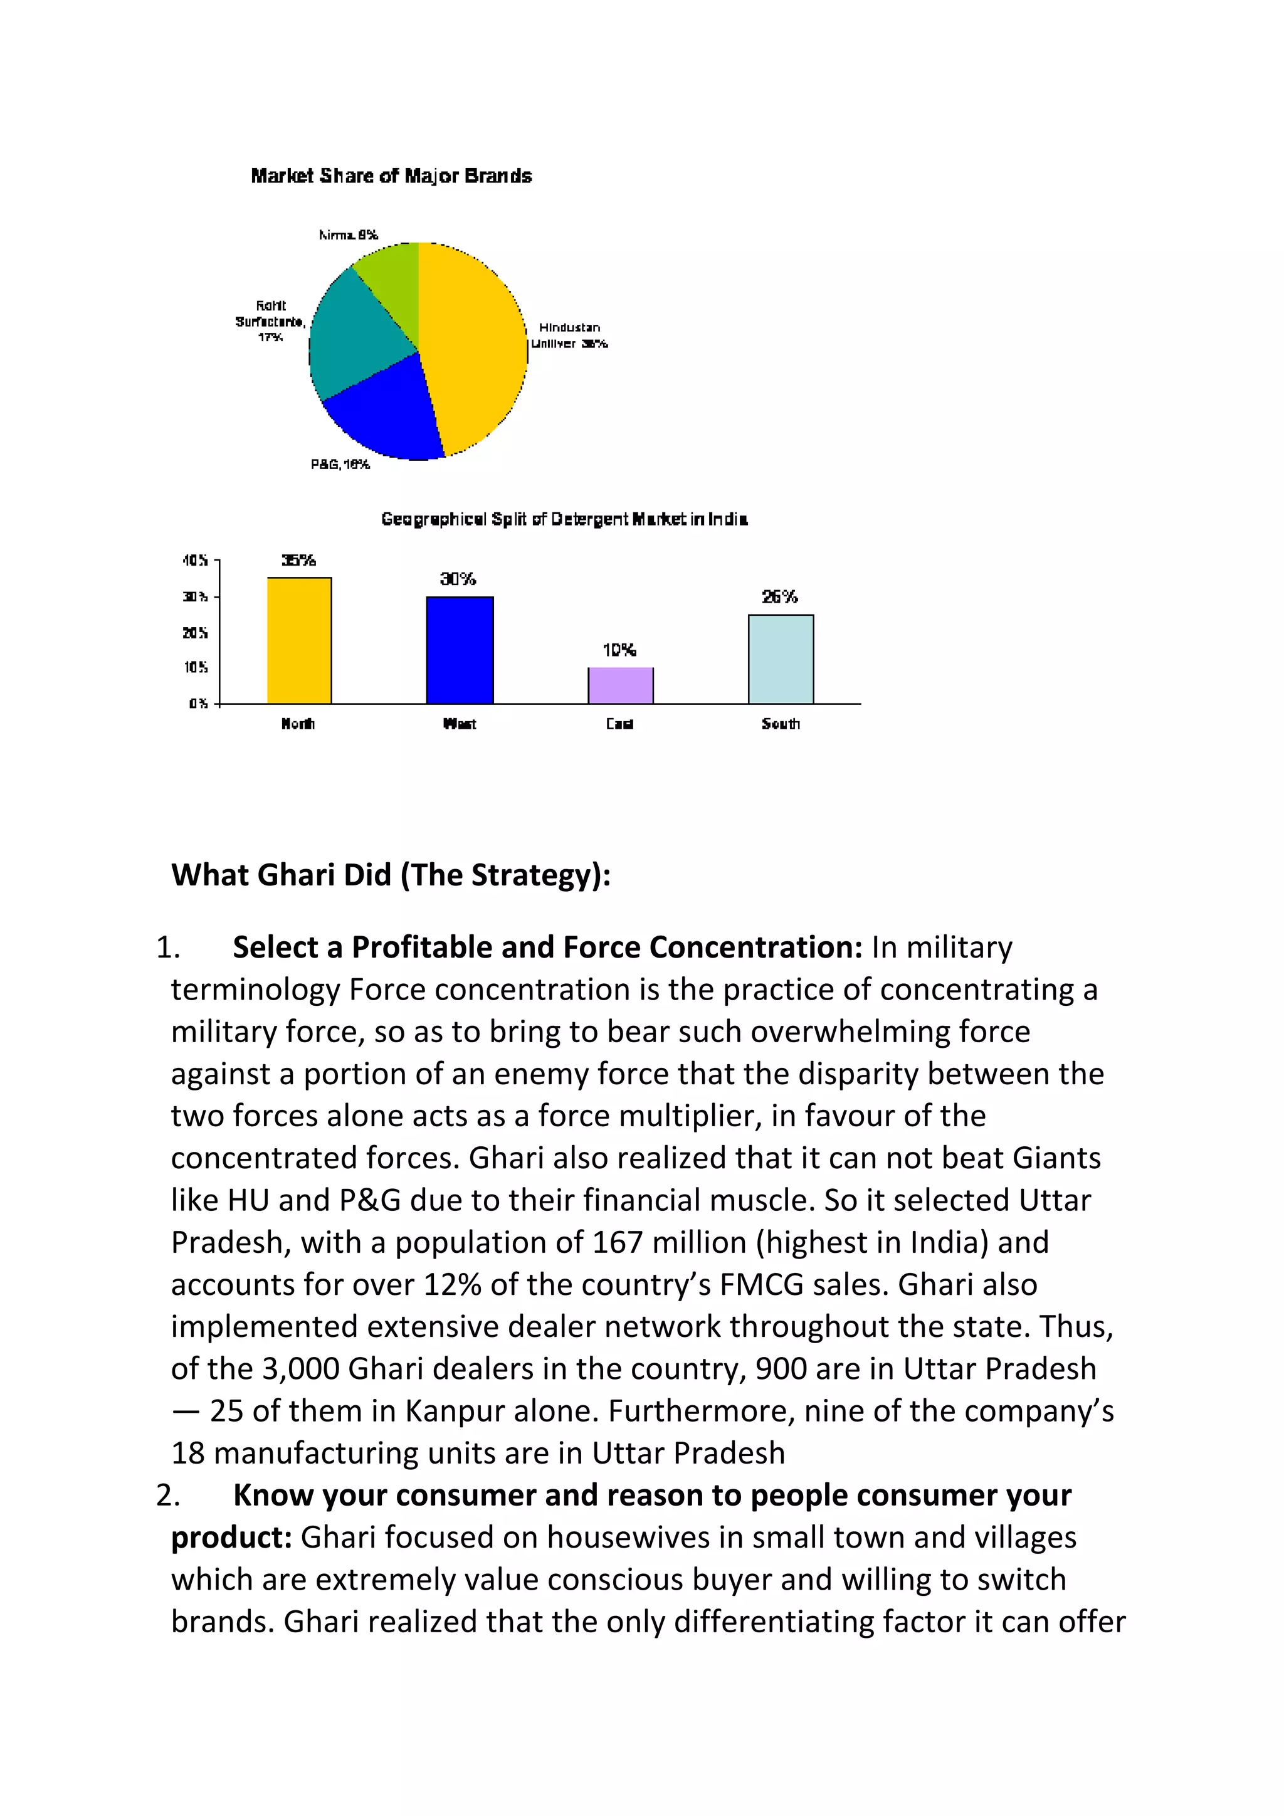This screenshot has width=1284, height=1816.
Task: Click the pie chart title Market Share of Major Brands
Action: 391,176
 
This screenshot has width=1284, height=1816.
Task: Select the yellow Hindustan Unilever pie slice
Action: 475,348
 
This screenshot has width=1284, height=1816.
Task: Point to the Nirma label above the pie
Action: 348,235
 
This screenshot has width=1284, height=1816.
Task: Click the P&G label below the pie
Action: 340,464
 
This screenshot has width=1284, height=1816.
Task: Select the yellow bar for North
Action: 299,641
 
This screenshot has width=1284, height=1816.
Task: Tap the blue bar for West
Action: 460,650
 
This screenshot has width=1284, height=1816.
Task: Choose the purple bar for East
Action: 620,686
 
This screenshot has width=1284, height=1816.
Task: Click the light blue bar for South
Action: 781,659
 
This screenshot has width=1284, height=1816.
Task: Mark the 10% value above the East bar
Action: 619,650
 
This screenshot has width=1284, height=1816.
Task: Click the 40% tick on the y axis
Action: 194,560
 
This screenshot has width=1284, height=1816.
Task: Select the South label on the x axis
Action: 781,724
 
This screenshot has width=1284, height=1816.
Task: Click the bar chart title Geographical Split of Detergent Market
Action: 564,519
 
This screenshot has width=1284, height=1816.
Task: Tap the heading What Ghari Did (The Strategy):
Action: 391,875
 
